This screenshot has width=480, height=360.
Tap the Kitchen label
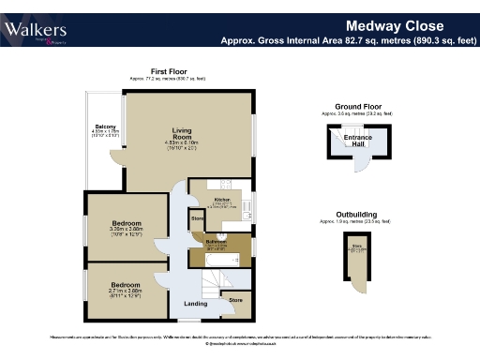222,200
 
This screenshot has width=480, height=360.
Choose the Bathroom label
217,242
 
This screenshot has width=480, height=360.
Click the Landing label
195,304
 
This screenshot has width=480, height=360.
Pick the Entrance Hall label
358,142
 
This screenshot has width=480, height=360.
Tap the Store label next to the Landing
235,300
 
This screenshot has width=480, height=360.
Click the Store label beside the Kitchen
197,219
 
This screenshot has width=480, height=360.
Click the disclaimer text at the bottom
240,337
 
